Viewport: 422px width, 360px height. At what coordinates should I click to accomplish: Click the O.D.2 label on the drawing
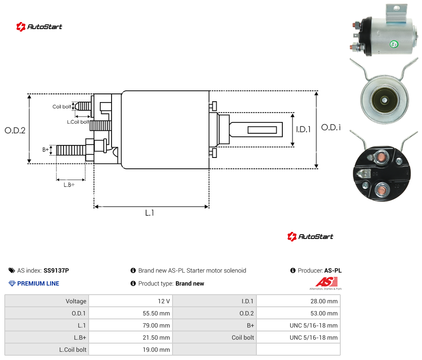pyautogui.click(x=15, y=131)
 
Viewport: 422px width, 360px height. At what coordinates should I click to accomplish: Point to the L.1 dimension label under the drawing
pyautogui.click(x=150, y=213)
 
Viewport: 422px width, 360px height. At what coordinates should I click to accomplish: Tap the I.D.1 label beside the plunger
pyautogui.click(x=304, y=129)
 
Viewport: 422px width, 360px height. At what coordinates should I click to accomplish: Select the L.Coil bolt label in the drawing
pyautogui.click(x=78, y=122)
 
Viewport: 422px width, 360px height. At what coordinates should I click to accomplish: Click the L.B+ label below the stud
pyautogui.click(x=69, y=185)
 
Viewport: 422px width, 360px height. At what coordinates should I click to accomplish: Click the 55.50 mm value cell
pyautogui.click(x=156, y=313)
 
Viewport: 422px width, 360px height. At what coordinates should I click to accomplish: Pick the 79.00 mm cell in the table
pyautogui.click(x=156, y=325)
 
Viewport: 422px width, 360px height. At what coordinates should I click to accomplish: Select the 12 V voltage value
pyautogui.click(x=164, y=301)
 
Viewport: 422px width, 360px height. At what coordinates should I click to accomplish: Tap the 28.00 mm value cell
pyautogui.click(x=324, y=301)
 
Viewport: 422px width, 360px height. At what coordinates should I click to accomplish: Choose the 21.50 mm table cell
pyautogui.click(x=156, y=337)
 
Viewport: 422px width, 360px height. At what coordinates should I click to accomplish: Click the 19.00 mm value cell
pyautogui.click(x=156, y=350)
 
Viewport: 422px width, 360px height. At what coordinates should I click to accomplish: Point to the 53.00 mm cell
pyautogui.click(x=324, y=313)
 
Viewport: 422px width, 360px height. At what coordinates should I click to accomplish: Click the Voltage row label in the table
pyautogui.click(x=76, y=301)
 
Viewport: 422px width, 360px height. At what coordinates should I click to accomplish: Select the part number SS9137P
pyautogui.click(x=56, y=270)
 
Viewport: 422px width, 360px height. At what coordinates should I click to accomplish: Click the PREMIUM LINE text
pyautogui.click(x=38, y=283)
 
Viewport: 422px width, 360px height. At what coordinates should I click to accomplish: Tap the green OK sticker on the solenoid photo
pyautogui.click(x=394, y=44)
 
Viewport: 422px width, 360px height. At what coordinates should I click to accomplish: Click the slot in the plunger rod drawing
pyautogui.click(x=262, y=130)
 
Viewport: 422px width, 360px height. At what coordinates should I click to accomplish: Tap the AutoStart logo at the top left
pyautogui.click(x=39, y=27)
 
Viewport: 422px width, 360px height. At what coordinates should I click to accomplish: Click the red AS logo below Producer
pyautogui.click(x=326, y=282)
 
